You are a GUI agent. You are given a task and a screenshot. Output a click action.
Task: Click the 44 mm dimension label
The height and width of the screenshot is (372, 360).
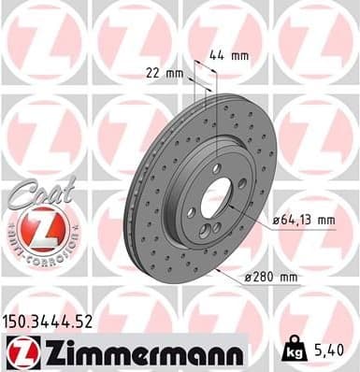(233, 54)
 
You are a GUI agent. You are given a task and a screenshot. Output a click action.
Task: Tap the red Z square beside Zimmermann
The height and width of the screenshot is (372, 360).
(20, 351)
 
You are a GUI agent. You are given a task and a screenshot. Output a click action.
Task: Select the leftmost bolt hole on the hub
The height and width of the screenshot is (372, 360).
(191, 212)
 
